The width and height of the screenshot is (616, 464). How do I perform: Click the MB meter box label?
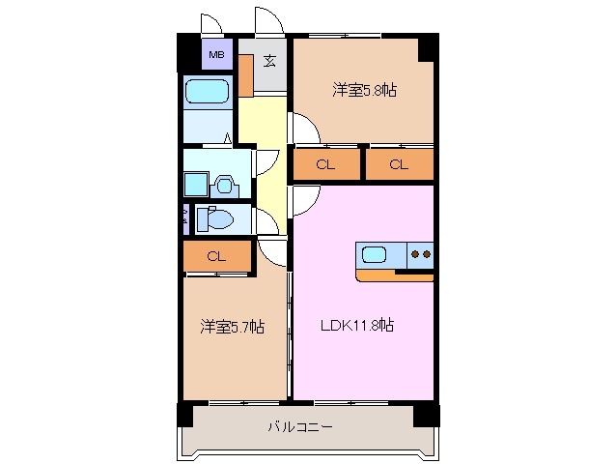[x=216, y=54]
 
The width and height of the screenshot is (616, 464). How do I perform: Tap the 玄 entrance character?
[x=269, y=61]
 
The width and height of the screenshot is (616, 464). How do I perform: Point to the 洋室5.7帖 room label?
[x=232, y=327]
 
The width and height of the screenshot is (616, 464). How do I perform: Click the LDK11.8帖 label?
[x=356, y=326]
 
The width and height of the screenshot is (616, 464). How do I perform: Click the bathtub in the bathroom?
[x=207, y=93]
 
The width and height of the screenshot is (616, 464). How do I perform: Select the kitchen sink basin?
[x=375, y=255]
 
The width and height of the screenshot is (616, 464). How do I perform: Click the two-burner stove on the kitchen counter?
[x=421, y=255]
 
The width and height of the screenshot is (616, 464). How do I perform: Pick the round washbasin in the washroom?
[x=224, y=183]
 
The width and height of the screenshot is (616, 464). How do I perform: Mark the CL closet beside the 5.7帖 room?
[x=216, y=256]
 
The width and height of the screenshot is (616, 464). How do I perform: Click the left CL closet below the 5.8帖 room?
[x=324, y=165]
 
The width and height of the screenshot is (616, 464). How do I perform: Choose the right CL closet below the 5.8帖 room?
[x=399, y=165]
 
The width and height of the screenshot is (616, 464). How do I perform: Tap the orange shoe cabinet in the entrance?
[x=246, y=75]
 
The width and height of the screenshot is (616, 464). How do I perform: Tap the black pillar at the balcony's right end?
[x=426, y=414]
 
